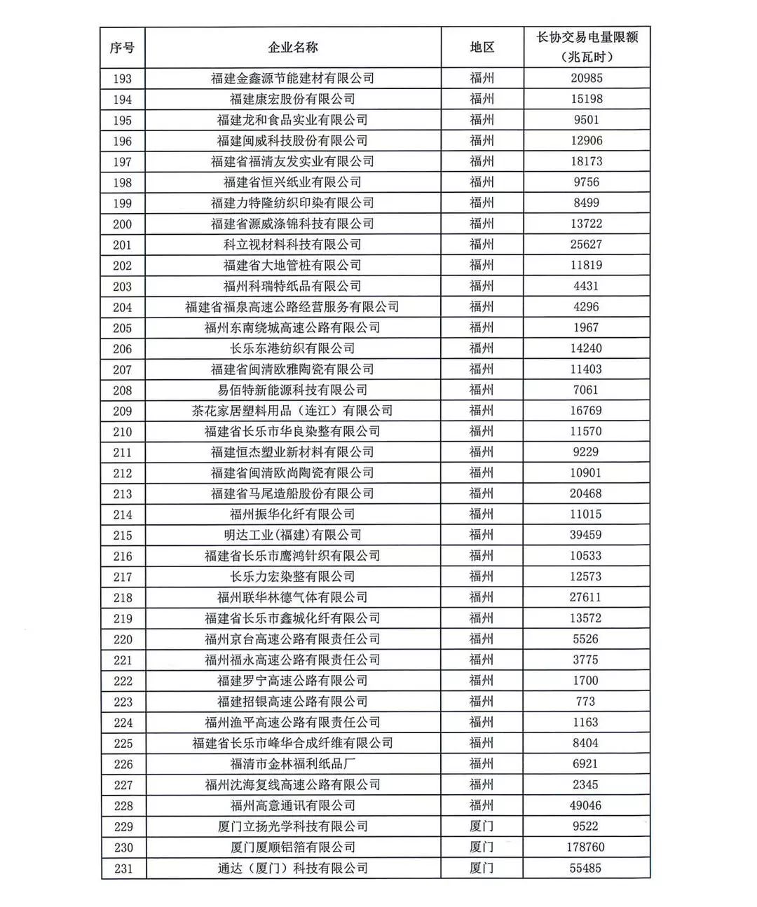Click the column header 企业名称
292,48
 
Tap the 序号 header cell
122,48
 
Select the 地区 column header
482,48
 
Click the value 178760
585,847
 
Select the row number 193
122,79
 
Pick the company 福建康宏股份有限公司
292,100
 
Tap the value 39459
585,536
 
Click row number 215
122,536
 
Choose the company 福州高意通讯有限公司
292,806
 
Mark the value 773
585,702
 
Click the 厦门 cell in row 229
482,826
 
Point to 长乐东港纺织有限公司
292,348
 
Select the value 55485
585,868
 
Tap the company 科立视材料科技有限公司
292,245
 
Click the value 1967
585,328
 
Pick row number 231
122,868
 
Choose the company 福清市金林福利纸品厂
292,764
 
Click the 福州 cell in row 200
482,224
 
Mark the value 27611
585,598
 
